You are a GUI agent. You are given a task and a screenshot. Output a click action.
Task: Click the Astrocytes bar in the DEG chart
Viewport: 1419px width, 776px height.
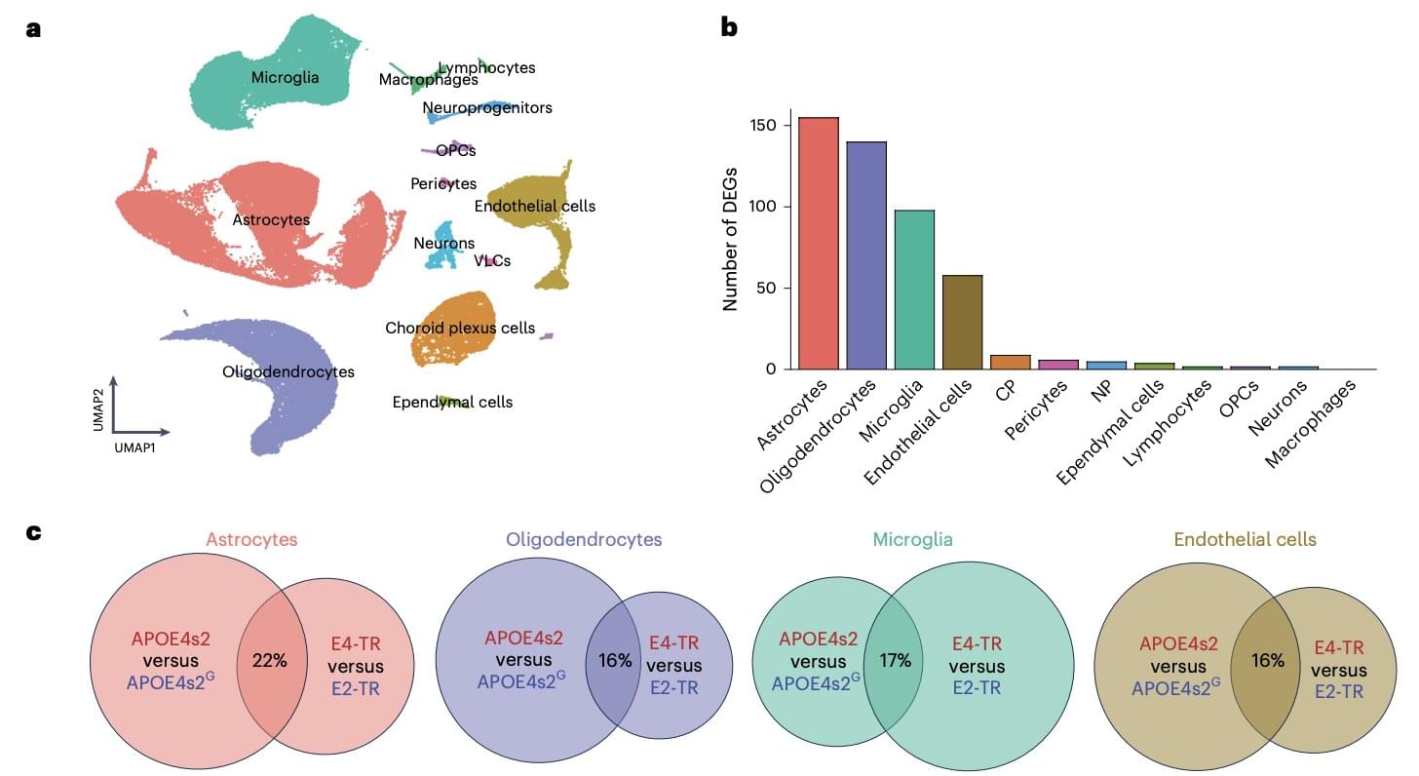pyautogui.click(x=818, y=244)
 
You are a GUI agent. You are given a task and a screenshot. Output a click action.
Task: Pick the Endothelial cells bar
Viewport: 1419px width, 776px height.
pyautogui.click(x=962, y=322)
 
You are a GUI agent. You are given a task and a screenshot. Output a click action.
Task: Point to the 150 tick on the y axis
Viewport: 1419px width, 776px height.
pyautogui.click(x=763, y=126)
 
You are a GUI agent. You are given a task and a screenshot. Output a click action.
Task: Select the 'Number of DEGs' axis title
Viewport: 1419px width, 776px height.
pyautogui.click(x=730, y=239)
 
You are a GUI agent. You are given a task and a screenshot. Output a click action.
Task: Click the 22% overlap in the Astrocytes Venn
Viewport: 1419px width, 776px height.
pyautogui.click(x=268, y=660)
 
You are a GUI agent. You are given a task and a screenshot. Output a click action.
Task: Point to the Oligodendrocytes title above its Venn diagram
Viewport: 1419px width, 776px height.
pyautogui.click(x=583, y=539)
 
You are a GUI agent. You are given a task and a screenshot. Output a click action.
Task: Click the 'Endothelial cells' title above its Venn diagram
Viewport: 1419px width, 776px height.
pyautogui.click(x=1245, y=539)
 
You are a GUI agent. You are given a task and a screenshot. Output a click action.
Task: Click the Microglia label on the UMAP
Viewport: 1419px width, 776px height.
pyautogui.click(x=285, y=78)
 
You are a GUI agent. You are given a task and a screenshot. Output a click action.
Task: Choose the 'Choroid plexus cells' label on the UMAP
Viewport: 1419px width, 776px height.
pyautogui.click(x=460, y=328)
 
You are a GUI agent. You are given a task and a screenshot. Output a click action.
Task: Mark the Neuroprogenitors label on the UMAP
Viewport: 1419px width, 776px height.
pyautogui.click(x=487, y=108)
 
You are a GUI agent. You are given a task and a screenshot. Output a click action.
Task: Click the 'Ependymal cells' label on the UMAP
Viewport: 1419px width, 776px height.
pyautogui.click(x=452, y=402)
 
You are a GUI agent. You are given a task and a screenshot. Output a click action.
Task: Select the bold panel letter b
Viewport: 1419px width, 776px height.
pyautogui.click(x=729, y=27)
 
